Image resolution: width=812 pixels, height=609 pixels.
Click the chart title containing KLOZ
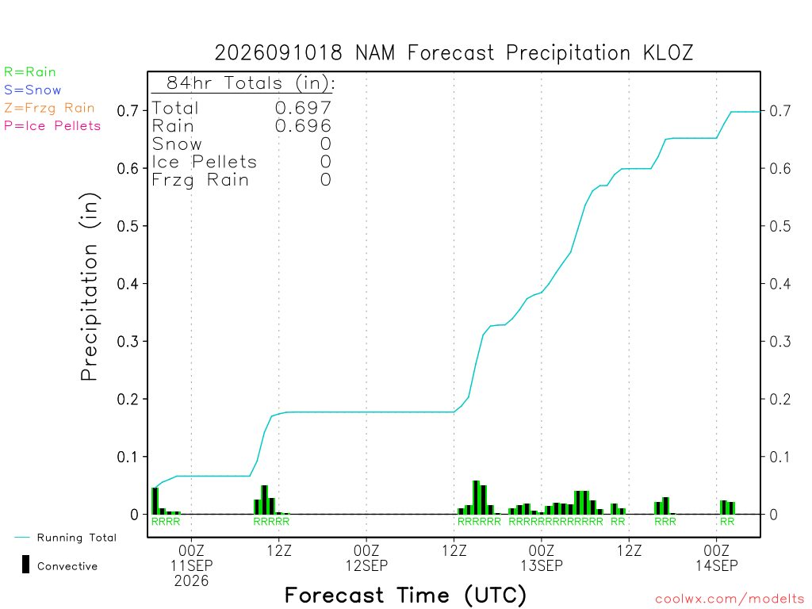click(x=454, y=53)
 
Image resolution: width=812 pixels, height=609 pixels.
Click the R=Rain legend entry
click(x=30, y=72)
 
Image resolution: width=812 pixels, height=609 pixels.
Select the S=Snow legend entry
click(x=33, y=90)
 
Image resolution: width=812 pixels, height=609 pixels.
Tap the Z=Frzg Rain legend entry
click(x=49, y=108)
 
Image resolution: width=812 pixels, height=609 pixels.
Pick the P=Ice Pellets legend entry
click(x=52, y=126)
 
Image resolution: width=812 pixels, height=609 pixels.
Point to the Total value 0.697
click(x=303, y=108)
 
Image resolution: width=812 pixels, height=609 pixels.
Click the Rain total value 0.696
click(x=303, y=126)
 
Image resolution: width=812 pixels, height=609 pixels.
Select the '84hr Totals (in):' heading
click(x=251, y=82)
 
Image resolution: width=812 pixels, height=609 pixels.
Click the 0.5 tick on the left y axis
click(x=128, y=226)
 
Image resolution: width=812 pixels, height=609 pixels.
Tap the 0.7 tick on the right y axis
click(x=780, y=111)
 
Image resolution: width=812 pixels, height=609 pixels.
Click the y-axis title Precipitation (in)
click(x=89, y=286)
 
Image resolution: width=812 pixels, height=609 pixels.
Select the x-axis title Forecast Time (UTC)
click(x=405, y=596)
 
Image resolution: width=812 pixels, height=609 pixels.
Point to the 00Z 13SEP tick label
click(x=542, y=557)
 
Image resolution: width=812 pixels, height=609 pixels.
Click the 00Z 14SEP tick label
click(x=717, y=557)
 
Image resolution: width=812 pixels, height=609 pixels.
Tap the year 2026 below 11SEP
click(x=192, y=581)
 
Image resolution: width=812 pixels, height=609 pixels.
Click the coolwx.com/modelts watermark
click(x=730, y=599)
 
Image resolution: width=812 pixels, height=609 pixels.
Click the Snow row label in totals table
click(x=177, y=144)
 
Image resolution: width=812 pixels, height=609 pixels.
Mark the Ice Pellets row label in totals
click(x=204, y=162)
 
